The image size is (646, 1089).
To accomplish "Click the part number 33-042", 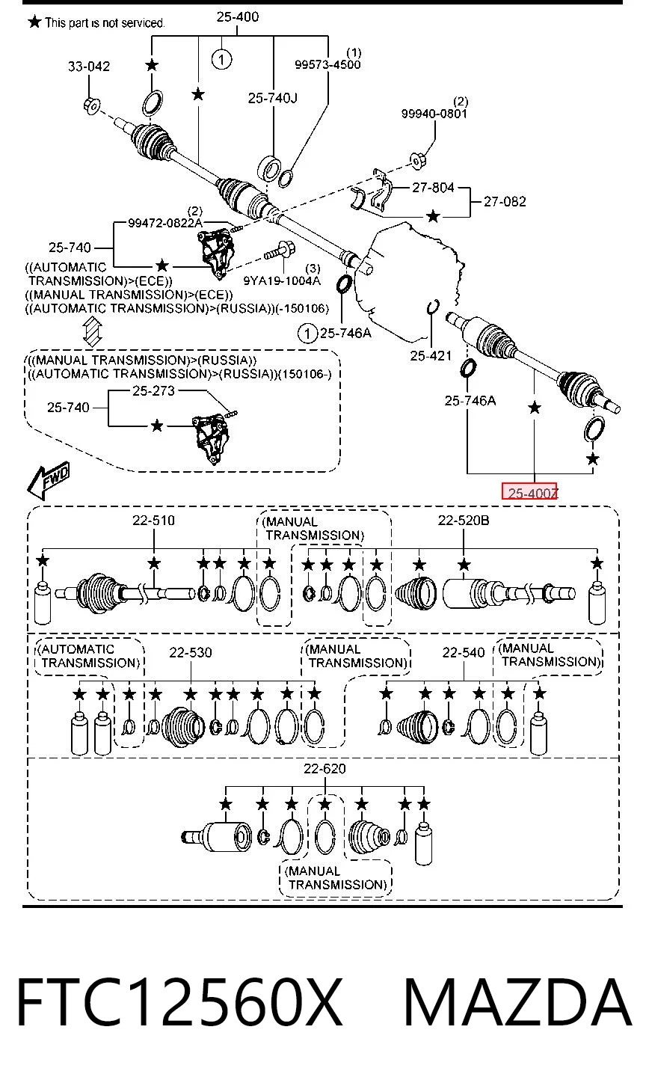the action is pyautogui.click(x=89, y=66).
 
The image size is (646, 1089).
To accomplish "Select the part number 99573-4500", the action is pyautogui.click(x=327, y=64).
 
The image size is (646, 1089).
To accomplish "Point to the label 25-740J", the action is pyautogui.click(x=272, y=98).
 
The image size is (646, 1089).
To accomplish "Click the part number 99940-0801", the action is pyautogui.click(x=434, y=114).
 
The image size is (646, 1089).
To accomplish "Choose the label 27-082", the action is pyautogui.click(x=505, y=201).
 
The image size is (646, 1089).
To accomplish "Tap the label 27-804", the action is pyautogui.click(x=433, y=188).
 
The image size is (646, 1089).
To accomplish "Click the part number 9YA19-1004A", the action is pyautogui.click(x=282, y=280).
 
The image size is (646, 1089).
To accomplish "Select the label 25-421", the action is pyautogui.click(x=431, y=356).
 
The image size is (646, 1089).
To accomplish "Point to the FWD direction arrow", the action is pyautogui.click(x=49, y=480).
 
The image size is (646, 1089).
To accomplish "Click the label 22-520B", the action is pyautogui.click(x=464, y=521).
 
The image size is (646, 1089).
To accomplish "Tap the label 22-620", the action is pyautogui.click(x=324, y=769).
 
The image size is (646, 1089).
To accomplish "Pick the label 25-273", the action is pyautogui.click(x=153, y=391).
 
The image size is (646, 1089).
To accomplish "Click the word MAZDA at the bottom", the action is pyautogui.click(x=517, y=1002).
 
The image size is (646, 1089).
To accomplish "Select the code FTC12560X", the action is pyautogui.click(x=180, y=1002).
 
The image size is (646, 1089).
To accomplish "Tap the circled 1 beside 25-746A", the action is pyautogui.click(x=307, y=334).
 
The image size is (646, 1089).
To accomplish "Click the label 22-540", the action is pyautogui.click(x=464, y=652).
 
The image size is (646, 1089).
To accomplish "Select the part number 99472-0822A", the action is pyautogui.click(x=165, y=223).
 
